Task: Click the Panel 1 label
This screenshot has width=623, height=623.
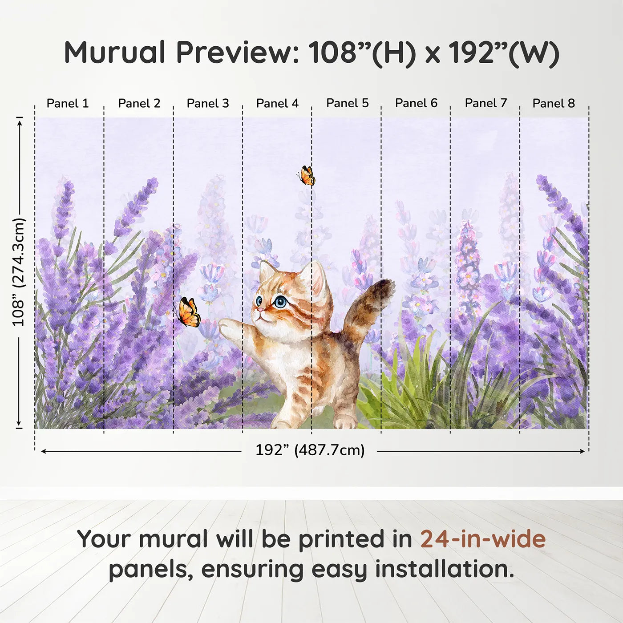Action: point(68,103)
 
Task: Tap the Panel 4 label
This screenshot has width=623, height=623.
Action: point(277,103)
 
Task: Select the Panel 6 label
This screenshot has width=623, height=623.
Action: point(416,103)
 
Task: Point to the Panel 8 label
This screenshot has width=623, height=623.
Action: point(554,103)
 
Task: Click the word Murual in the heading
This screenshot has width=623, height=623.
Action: point(115,52)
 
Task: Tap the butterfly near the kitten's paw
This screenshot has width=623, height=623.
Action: point(188,312)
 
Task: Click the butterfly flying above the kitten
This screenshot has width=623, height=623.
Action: point(307,175)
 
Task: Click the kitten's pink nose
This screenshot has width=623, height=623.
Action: point(259,310)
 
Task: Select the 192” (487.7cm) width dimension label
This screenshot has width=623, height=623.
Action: point(310,450)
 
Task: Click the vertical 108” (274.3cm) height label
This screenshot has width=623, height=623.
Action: point(18,272)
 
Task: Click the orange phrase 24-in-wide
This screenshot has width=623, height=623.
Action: point(483,539)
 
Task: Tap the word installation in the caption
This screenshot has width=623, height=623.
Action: point(445,569)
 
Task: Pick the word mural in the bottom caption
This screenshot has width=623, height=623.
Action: point(174,539)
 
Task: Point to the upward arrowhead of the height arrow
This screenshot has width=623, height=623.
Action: point(20,123)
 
